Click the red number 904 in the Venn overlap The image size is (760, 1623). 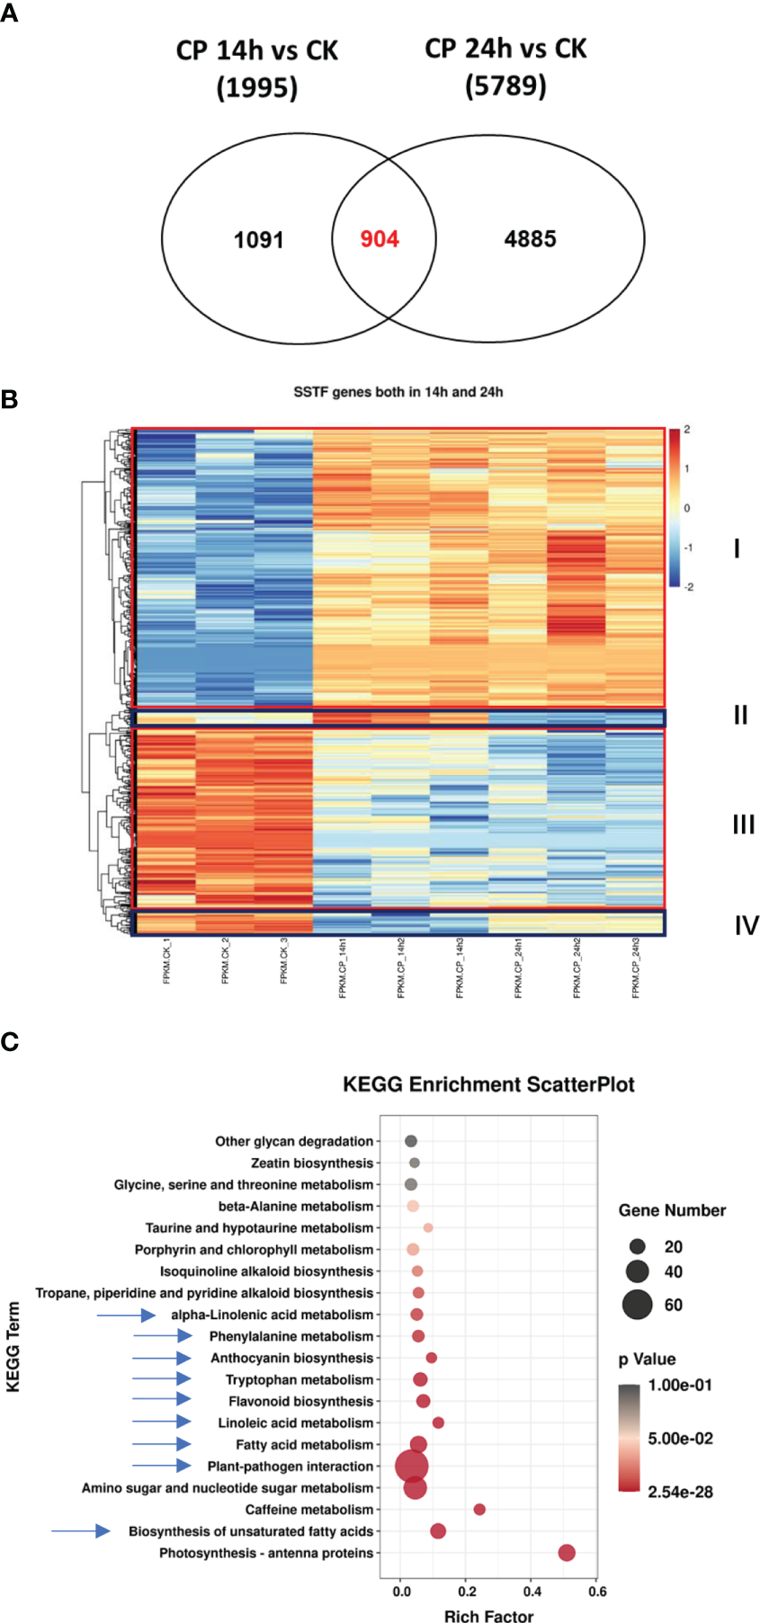[380, 239]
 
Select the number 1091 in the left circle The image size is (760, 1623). [258, 240]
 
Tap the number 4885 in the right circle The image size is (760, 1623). [530, 239]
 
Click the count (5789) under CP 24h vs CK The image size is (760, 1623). [505, 86]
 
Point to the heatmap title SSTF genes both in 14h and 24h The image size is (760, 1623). [398, 392]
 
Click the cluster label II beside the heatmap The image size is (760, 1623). [739, 715]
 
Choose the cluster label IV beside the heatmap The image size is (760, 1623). [746, 925]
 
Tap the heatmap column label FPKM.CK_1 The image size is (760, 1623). [166, 961]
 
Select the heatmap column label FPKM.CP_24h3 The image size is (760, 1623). [636, 968]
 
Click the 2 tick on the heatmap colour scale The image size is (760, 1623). [686, 430]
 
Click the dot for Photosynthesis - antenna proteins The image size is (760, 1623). [566, 1552]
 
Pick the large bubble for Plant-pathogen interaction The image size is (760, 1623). [412, 1466]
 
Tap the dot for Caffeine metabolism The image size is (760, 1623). [479, 1509]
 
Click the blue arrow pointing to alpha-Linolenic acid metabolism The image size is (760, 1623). [126, 1315]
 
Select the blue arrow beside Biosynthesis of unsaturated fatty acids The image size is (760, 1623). [81, 1530]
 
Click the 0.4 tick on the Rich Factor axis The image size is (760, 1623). [532, 1591]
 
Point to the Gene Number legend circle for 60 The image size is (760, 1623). [637, 1304]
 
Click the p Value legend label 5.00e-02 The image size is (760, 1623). [680, 1439]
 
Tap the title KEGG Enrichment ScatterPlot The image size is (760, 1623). [488, 1084]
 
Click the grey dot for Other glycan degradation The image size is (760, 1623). [411, 1141]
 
